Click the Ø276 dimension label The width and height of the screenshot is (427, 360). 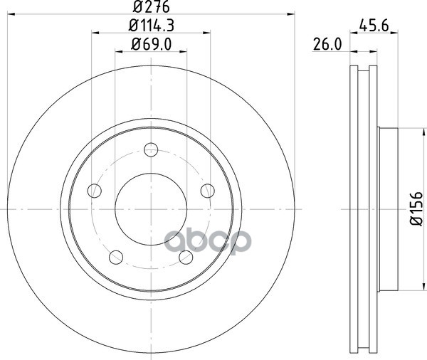point(151,7)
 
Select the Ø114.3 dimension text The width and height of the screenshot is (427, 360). point(151,26)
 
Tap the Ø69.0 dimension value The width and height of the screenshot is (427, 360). point(151,44)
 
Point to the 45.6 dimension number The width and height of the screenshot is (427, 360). point(374,26)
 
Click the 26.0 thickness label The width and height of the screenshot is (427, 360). point(327,44)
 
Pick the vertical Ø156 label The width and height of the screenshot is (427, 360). point(416,209)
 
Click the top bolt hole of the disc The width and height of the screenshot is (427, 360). point(151,149)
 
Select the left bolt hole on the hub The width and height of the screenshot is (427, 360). point(95,191)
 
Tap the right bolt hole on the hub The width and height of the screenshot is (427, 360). point(208,191)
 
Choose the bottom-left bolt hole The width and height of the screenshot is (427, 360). point(116,257)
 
